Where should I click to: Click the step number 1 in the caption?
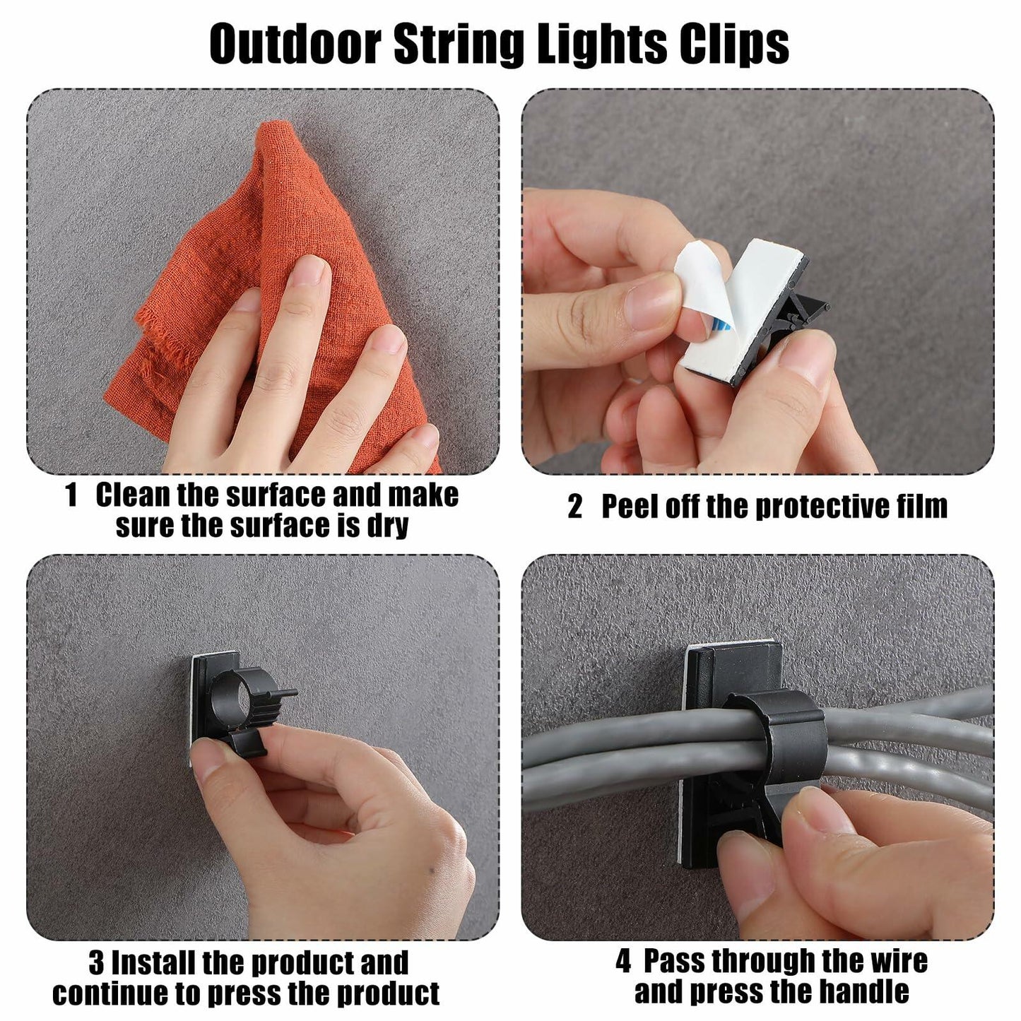point(71,495)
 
